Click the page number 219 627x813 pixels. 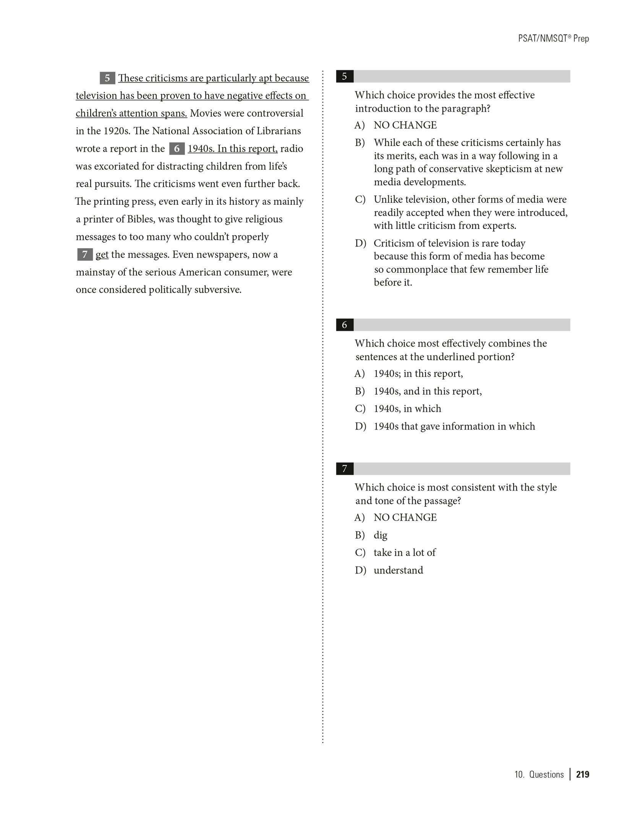tap(583, 774)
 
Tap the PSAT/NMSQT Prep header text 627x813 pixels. tap(553, 39)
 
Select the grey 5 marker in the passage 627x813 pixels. tap(107, 78)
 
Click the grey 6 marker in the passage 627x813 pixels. tap(177, 149)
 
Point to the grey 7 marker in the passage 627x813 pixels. tap(85, 254)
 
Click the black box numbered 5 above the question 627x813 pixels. tap(344, 76)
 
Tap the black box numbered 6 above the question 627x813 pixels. tap(344, 325)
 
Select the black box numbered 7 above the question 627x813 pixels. tap(344, 469)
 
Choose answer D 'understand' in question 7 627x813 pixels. tap(398, 570)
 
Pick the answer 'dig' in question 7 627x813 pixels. tap(380, 535)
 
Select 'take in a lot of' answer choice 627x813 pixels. tap(404, 553)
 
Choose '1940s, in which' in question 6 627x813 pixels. tap(407, 409)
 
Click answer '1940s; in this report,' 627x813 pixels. tap(418, 374)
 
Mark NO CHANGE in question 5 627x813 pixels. tap(405, 125)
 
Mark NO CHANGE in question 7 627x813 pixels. tap(405, 518)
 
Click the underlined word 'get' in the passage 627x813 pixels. tap(102, 255)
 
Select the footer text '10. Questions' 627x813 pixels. tap(539, 774)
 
